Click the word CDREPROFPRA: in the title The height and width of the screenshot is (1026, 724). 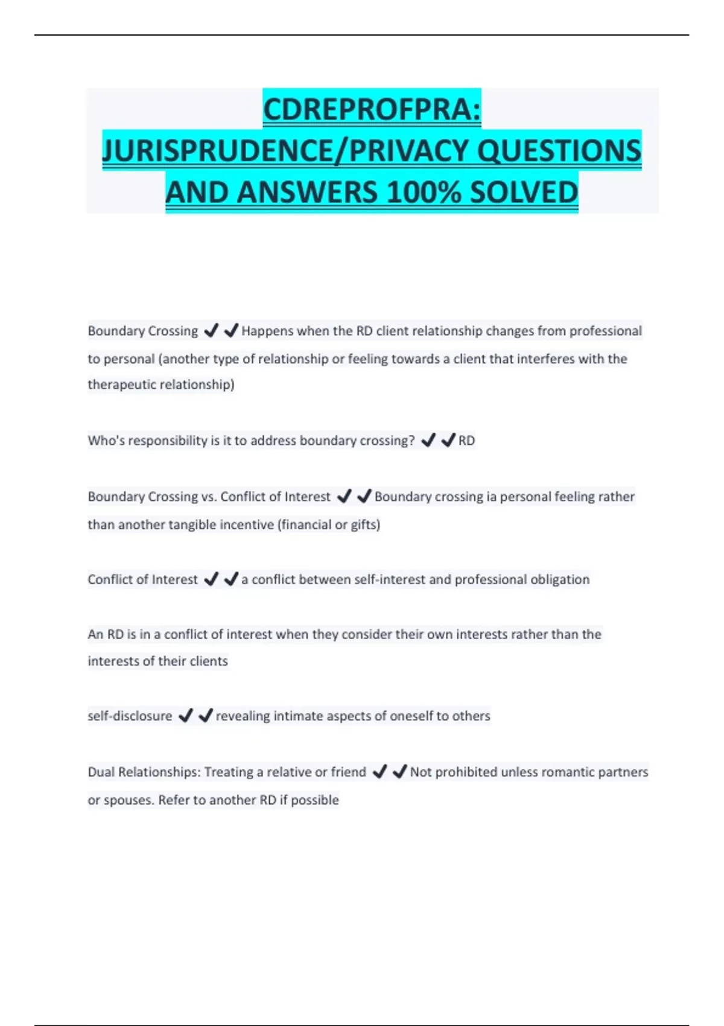372,109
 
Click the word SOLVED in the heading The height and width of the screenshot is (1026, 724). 523,193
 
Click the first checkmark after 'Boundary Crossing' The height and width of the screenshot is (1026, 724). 211,331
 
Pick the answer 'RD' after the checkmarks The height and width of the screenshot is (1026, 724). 466,441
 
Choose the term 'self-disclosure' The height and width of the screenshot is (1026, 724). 130,716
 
